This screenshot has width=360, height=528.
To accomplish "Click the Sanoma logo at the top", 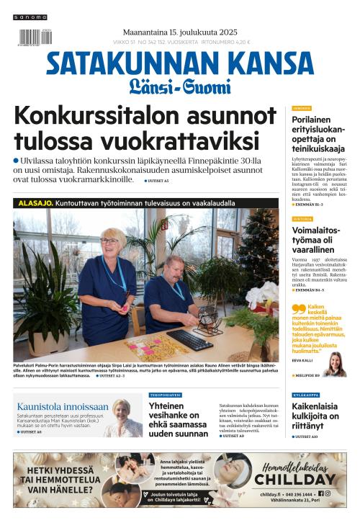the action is click(30, 17).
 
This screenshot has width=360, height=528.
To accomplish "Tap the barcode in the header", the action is click(30, 37).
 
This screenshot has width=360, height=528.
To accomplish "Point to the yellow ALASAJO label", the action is click(35, 203).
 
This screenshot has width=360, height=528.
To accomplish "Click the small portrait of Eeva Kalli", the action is click(334, 363).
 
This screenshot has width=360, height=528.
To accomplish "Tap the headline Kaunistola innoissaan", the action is click(63, 406).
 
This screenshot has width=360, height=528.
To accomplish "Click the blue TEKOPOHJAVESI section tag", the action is click(165, 395).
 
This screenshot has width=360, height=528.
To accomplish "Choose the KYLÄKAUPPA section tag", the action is click(307, 395).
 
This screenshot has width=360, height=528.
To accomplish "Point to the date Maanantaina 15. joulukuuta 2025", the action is click(180, 32).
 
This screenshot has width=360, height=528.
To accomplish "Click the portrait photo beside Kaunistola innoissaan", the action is click(124, 418).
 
